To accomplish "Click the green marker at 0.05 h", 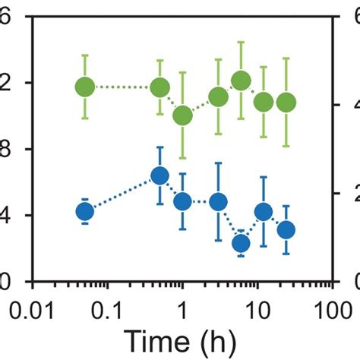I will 85,87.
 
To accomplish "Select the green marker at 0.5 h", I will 159,87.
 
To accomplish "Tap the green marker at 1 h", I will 182,115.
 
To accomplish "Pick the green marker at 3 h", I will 218,96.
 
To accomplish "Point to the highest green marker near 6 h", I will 241,81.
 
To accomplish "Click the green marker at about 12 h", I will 264,102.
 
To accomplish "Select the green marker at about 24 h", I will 286,102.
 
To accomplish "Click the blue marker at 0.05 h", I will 85,212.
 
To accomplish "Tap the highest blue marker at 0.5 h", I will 159,175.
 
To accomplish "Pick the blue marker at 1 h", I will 182,201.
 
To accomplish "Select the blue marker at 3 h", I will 218,201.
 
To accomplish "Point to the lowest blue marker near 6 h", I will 241,243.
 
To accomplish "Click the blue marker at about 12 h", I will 264,212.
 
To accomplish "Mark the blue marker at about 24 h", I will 286,229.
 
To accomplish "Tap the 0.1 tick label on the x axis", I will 107,311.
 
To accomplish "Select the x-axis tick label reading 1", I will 182,311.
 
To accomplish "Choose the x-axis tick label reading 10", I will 257,311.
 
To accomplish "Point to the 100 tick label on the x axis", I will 331,311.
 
